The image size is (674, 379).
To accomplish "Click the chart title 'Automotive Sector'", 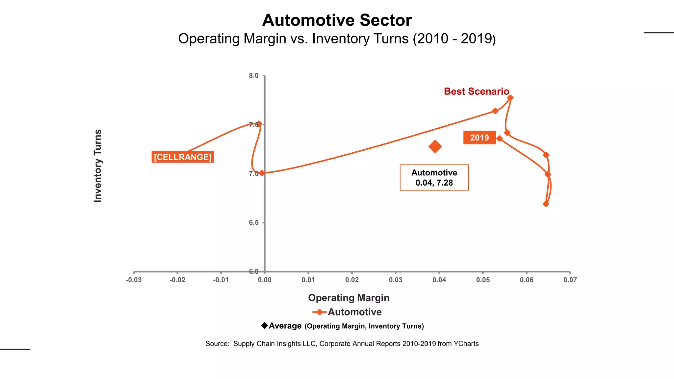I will pyautogui.click(x=337, y=20).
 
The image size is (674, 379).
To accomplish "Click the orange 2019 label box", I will pyautogui.click(x=479, y=138).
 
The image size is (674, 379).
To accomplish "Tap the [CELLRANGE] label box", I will pyautogui.click(x=183, y=157).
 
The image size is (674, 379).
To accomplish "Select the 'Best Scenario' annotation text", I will pyautogui.click(x=476, y=91).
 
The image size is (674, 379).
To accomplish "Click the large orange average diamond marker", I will pyautogui.click(x=435, y=147).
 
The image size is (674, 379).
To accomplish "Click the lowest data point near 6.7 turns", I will pyautogui.click(x=546, y=204).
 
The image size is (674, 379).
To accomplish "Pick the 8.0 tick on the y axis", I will pyautogui.click(x=254, y=76).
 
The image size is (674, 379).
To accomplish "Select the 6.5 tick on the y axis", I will pyautogui.click(x=254, y=223).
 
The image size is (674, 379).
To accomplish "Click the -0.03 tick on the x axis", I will pyautogui.click(x=134, y=280).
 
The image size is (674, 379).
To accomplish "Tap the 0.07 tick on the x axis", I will pyautogui.click(x=570, y=280).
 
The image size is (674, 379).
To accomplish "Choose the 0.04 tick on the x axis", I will pyautogui.click(x=439, y=280).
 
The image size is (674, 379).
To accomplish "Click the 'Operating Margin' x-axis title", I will pyautogui.click(x=349, y=298).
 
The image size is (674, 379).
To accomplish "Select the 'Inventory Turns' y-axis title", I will pyautogui.click(x=98, y=166).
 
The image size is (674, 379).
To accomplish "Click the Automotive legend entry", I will pyautogui.click(x=347, y=312).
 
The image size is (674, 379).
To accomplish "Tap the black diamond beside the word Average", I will pyautogui.click(x=264, y=325).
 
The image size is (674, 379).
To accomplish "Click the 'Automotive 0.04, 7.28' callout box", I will pyautogui.click(x=434, y=178).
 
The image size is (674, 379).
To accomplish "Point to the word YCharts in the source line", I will pyautogui.click(x=466, y=344).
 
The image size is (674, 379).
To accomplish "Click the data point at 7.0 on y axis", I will pyautogui.click(x=262, y=173).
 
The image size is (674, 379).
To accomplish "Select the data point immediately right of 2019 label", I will pyautogui.click(x=500, y=139).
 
